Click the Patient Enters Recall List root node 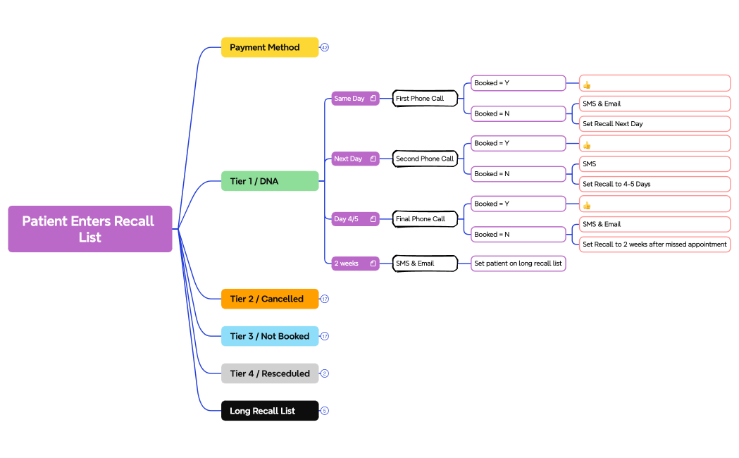tap(89, 229)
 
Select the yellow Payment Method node tap(270, 47)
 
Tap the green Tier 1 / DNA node tap(270, 181)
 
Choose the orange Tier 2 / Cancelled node tap(270, 299)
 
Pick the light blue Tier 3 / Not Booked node tap(270, 336)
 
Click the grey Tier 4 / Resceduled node tap(270, 373)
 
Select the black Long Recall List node tap(270, 411)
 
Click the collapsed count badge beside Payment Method tap(325, 47)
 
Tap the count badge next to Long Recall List tap(325, 411)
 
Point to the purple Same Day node tap(351, 99)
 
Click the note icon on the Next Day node tap(373, 159)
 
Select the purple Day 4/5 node tap(351, 219)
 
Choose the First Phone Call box tap(424, 99)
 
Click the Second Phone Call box tap(424, 159)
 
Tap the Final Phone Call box tap(424, 219)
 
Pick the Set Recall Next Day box tap(654, 124)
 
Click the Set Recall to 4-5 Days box tap(654, 184)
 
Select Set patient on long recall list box tap(518, 264)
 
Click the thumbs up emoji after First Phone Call tap(587, 85)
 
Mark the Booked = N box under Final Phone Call tap(518, 234)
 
